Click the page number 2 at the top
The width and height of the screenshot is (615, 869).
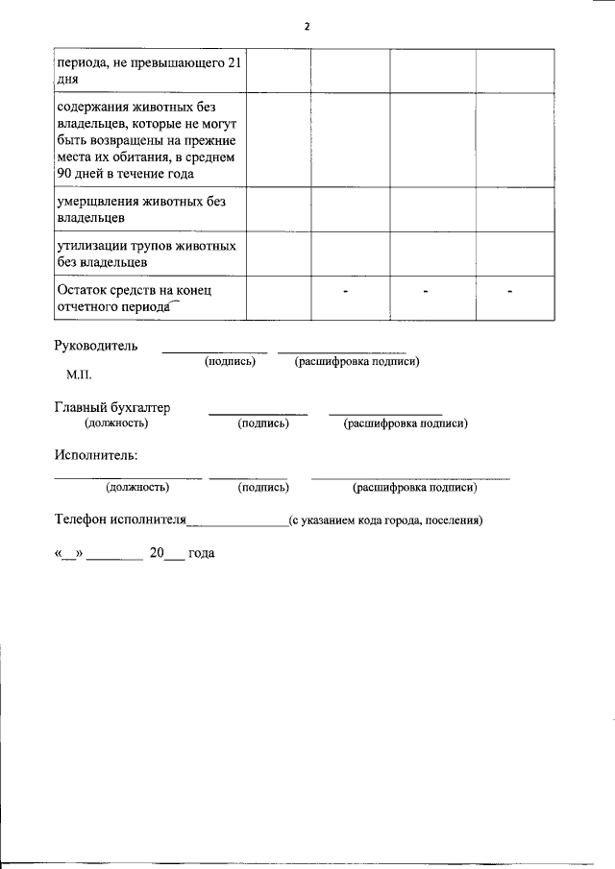pos(307,27)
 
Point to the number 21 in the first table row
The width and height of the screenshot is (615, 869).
pos(232,64)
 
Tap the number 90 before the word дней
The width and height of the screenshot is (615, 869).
pos(66,174)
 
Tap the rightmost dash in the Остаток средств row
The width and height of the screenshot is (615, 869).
pos(510,290)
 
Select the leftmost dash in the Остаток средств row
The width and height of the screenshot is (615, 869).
pos(345,290)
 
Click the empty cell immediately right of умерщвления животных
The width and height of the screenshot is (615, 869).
pos(278,209)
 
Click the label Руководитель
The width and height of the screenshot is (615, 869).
pos(95,346)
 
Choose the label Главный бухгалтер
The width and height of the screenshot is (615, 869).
pos(112,408)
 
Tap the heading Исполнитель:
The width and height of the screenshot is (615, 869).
pos(95,454)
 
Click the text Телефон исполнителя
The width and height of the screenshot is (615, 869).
pos(119,520)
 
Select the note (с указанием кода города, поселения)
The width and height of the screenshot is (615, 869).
pos(384,521)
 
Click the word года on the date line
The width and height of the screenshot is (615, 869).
pos(202,554)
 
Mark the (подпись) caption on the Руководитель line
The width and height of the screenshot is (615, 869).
pos(230,362)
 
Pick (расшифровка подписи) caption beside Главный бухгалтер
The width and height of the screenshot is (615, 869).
pos(406,423)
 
